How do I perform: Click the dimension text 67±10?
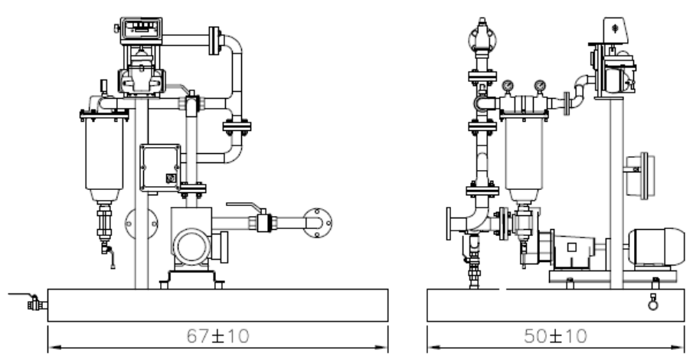218,336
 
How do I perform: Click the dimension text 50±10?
556,336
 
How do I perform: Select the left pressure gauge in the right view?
508,85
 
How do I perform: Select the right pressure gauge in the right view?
540,85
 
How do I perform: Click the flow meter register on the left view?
141,29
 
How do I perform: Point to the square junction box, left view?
160,168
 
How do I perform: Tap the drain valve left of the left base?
35,303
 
